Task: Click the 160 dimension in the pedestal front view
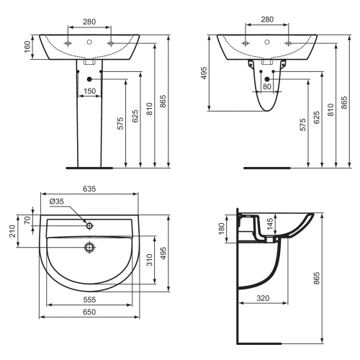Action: (x=27, y=47)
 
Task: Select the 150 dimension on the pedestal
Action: (x=89, y=91)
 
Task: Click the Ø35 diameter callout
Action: (x=57, y=201)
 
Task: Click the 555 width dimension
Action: (x=89, y=298)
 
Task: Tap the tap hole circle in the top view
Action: (x=89, y=225)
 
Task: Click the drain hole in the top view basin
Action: (x=89, y=248)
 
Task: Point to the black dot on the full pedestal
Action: (x=89, y=78)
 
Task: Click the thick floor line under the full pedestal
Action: (x=89, y=168)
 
